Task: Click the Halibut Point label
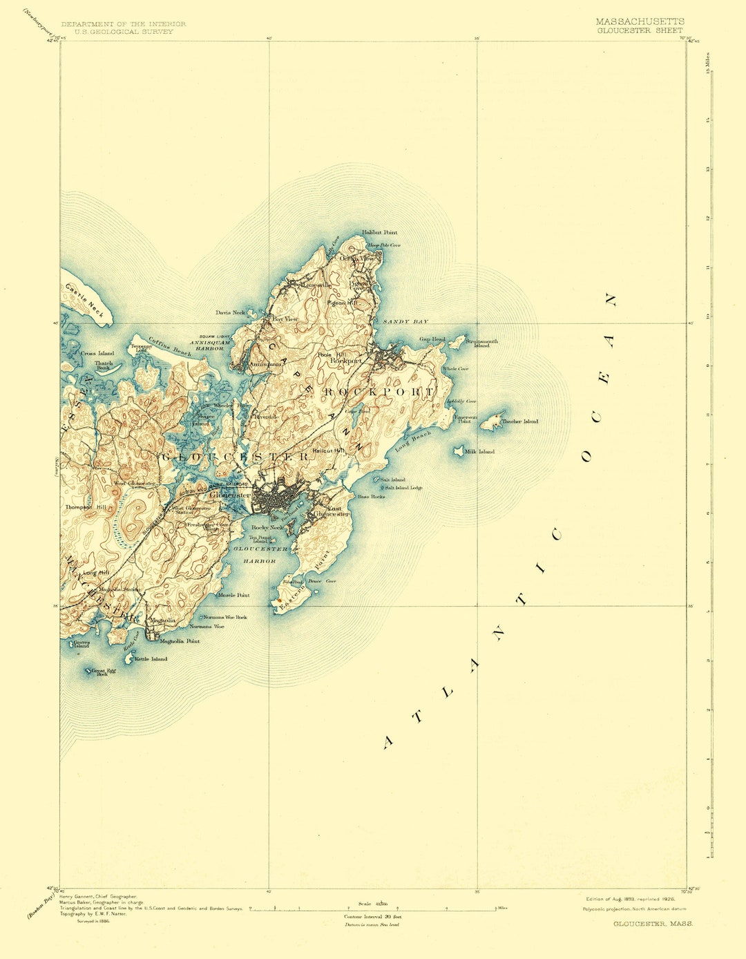(379, 233)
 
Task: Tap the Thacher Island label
(520, 421)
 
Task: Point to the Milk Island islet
(458, 450)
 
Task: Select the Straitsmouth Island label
(481, 343)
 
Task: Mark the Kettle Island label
(151, 659)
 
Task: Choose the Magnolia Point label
(180, 641)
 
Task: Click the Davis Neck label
(230, 312)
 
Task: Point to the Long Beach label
(413, 441)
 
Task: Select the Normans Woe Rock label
(225, 617)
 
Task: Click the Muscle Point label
(233, 595)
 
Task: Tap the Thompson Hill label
(86, 507)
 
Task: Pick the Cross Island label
(97, 353)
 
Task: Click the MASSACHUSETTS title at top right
(640, 21)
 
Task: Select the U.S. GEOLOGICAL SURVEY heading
(124, 32)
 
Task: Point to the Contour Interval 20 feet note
(372, 916)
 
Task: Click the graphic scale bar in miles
(373, 909)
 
